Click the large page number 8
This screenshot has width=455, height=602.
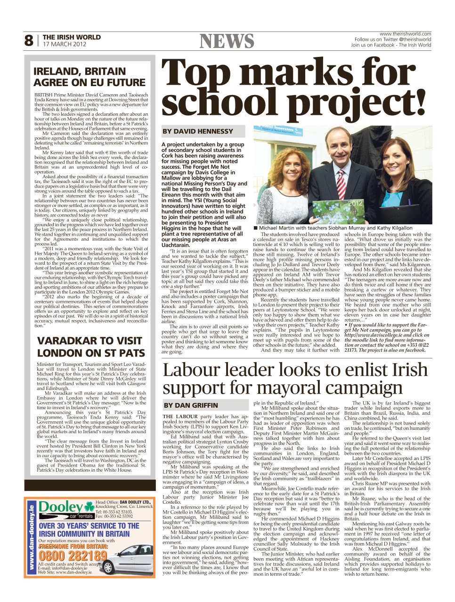29,41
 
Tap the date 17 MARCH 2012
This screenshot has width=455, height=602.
65,44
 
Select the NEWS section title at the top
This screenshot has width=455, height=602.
227,41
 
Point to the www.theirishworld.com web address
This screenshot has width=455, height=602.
405,34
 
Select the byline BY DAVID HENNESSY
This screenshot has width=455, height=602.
198,131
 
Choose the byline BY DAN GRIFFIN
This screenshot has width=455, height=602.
191,405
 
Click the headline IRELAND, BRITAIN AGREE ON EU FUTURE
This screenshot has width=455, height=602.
89,77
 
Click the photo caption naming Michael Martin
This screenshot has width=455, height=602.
335,228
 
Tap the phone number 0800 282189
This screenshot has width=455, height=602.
73,555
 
